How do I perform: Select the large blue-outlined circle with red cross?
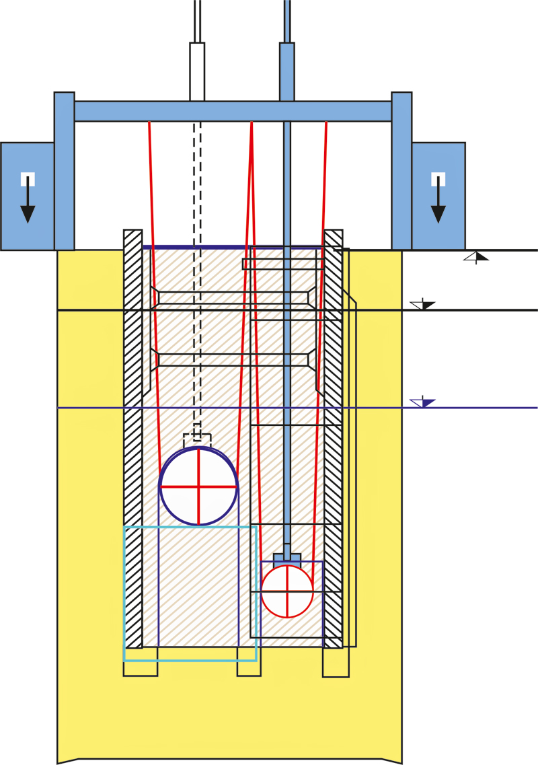198,486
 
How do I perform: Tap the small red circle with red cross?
287,591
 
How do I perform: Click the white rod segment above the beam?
197,71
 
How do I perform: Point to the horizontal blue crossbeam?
233,111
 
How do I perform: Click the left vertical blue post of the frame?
65,171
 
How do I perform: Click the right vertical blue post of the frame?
401,171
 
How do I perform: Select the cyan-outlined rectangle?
190,593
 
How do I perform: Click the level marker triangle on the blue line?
424,403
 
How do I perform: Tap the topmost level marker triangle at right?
477,256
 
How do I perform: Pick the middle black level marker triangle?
424,305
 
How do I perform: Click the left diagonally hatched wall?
133,437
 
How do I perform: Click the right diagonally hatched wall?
333,437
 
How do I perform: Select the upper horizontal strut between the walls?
233,297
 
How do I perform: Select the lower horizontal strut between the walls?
233,359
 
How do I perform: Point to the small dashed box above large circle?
197,440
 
